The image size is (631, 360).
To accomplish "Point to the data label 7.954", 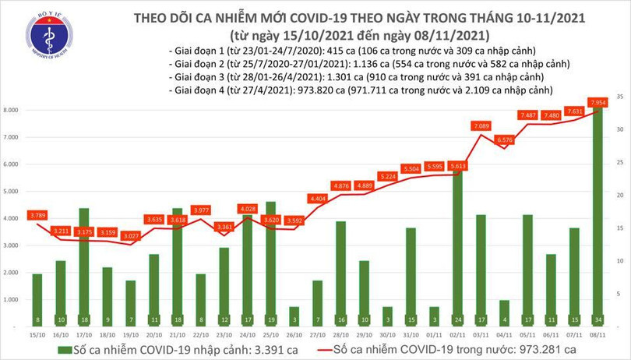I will (x=598, y=102).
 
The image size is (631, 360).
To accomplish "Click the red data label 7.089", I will (x=481, y=125).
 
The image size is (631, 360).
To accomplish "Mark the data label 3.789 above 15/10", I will (x=37, y=215).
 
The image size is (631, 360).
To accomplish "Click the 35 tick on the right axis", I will (x=618, y=96).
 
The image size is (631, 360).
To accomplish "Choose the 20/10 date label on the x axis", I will (x=153, y=333).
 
